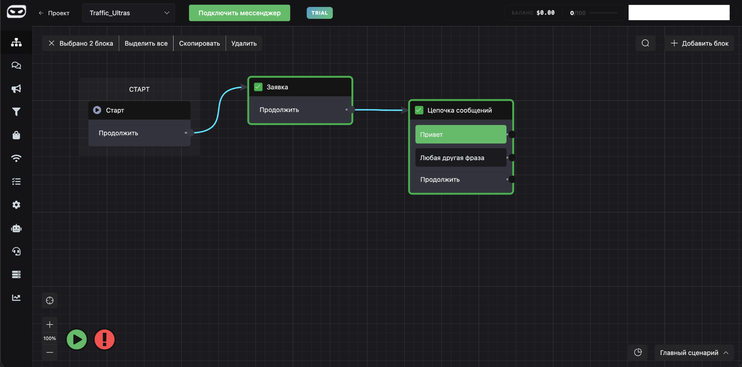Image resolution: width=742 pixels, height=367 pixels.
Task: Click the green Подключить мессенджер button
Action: pos(239,13)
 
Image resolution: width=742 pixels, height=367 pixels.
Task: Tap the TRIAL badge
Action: pos(320,13)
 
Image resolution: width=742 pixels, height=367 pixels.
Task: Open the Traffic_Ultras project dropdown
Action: pos(129,13)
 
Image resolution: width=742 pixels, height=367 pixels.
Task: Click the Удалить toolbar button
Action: pos(244,43)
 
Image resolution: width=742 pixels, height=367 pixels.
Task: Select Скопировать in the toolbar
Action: pos(199,43)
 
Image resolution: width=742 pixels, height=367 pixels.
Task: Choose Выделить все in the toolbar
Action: pos(146,43)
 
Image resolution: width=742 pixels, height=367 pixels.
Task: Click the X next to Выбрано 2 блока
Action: pos(51,43)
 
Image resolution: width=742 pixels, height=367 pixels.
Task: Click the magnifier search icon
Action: pos(645,43)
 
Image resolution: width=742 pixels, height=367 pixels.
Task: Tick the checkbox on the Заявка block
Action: pos(258,87)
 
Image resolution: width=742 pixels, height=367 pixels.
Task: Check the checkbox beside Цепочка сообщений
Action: pos(419,110)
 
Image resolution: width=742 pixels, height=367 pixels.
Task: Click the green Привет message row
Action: pos(460,134)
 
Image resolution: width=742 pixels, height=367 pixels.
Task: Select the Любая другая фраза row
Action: pos(460,158)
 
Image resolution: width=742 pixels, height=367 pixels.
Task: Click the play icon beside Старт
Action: pos(97,110)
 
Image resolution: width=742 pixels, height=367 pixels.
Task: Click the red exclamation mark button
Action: pos(104,339)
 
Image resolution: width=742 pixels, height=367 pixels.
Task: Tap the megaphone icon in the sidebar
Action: pos(16,89)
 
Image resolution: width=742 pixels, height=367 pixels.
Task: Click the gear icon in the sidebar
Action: pos(16,205)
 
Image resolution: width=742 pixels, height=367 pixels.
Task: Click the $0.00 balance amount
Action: pos(545,13)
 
